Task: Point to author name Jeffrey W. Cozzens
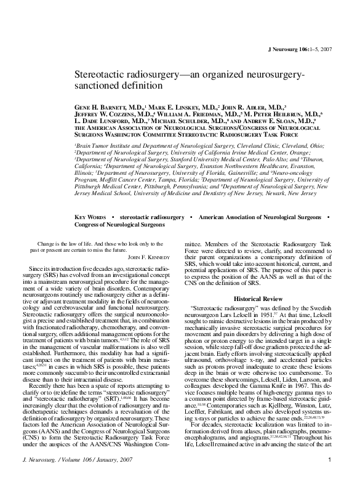coord(111,114)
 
